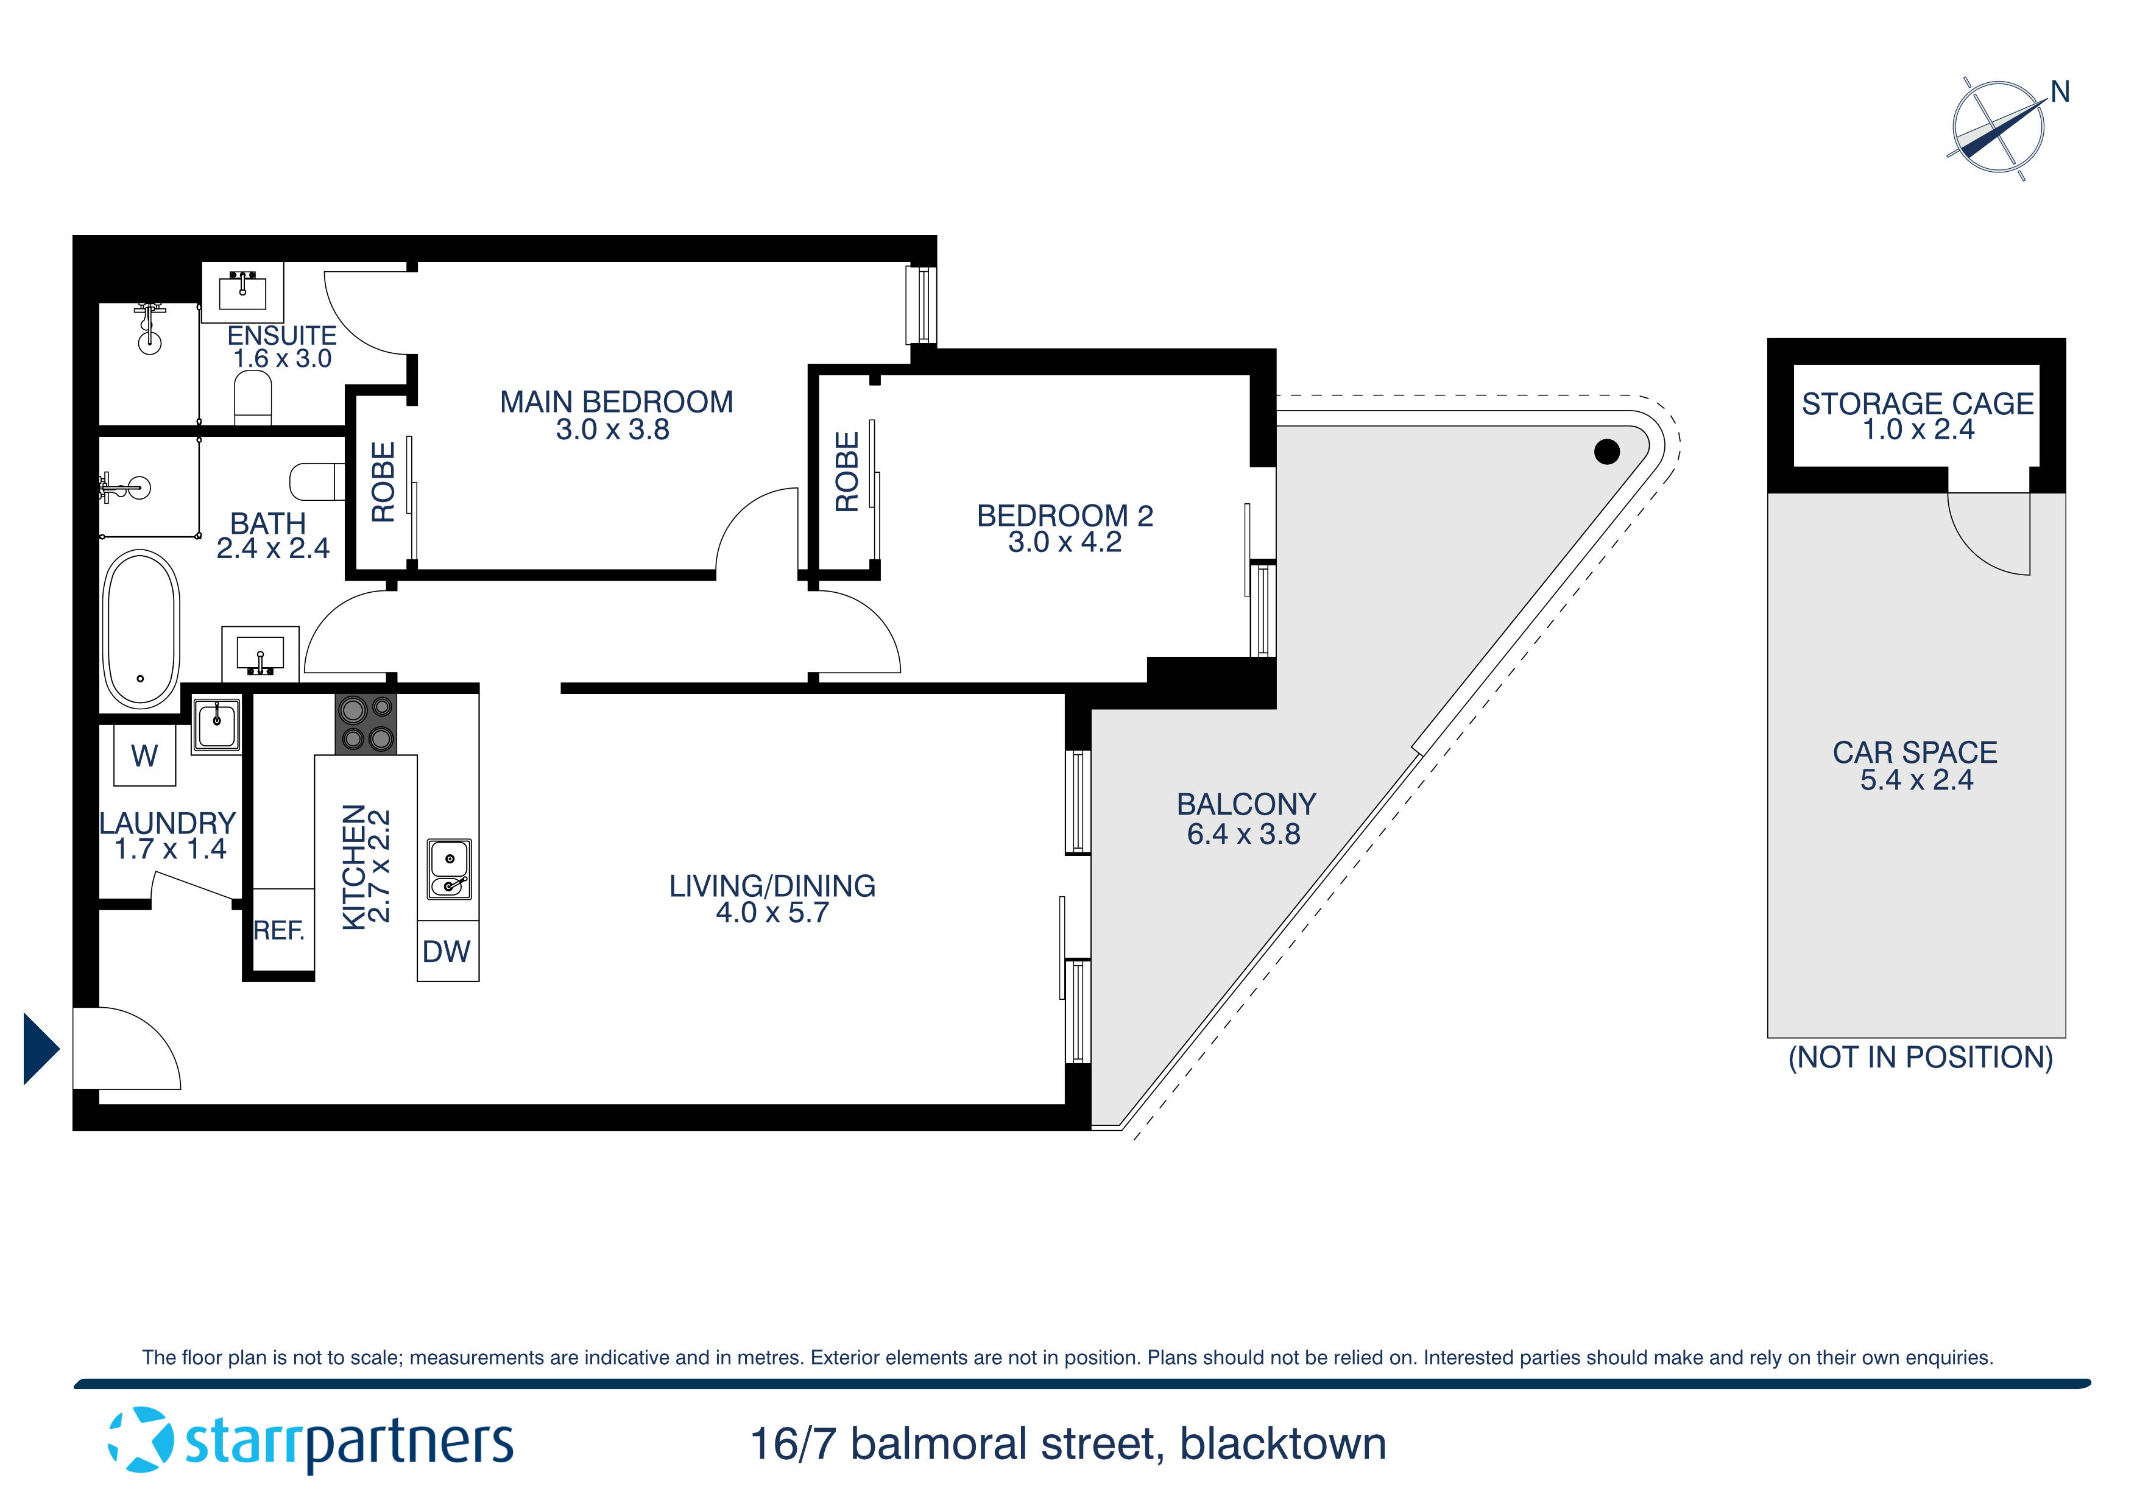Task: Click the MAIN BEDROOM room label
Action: tap(616, 402)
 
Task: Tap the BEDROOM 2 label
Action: tap(1065, 516)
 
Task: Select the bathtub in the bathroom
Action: tap(141, 629)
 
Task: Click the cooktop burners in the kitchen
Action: tap(366, 724)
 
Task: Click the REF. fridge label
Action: tap(279, 930)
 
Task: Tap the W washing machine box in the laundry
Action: tap(144, 755)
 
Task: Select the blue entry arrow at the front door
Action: tap(41, 1049)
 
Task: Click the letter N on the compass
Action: tap(2060, 92)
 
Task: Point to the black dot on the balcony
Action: tap(1606, 451)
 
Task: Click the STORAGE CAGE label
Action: tap(1917, 404)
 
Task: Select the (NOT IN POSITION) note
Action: tap(1920, 1058)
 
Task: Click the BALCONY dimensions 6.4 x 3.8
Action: tap(1243, 834)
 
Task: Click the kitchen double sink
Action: tap(450, 869)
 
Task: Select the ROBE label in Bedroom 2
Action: tap(847, 472)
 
